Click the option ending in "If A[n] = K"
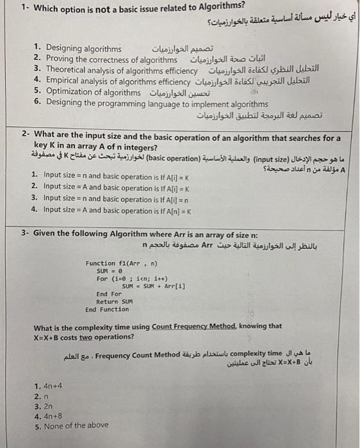pyautogui.click(x=110, y=211)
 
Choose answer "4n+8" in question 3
pyautogui.click(x=53, y=415)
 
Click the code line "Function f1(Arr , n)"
pyautogui.click(x=121, y=263)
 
